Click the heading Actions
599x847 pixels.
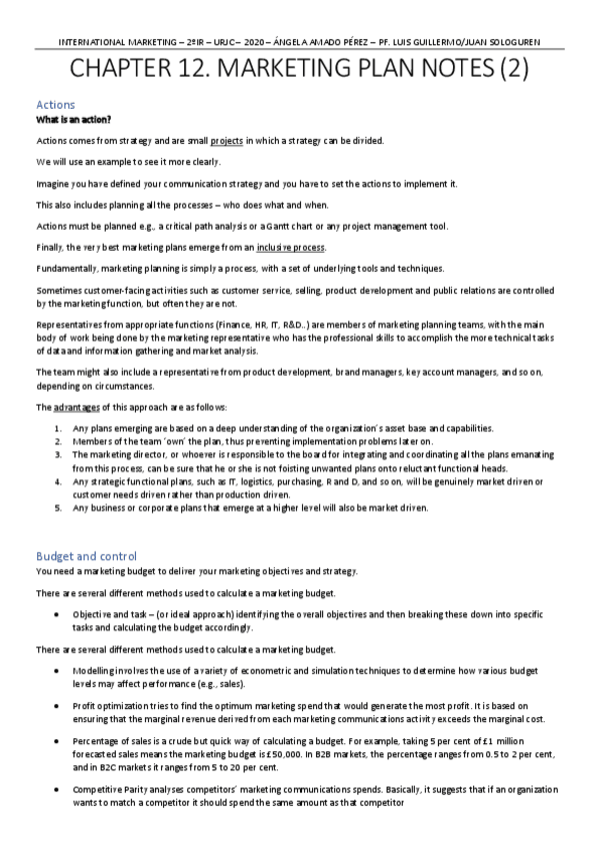coord(55,104)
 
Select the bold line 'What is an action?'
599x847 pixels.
coord(73,119)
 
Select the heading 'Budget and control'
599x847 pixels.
coord(86,555)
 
